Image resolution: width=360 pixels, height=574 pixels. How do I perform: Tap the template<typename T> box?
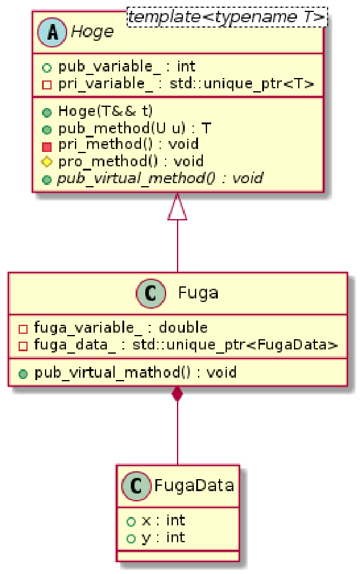coord(226,19)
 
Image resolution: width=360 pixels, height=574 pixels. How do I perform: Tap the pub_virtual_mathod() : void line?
coord(135,372)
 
